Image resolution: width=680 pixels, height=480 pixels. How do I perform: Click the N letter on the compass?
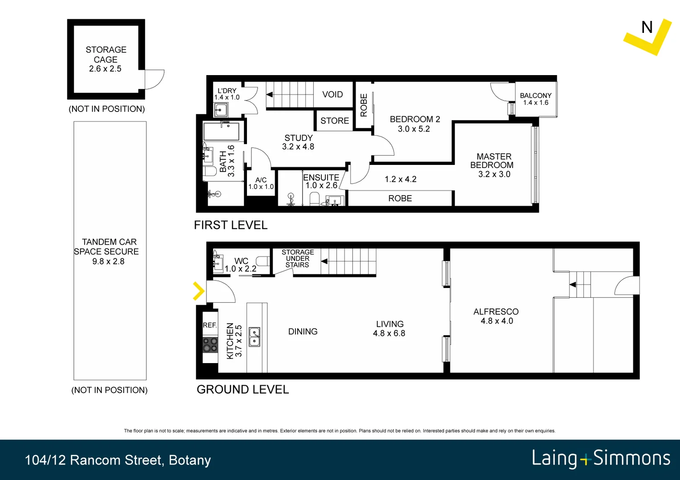pos(647,28)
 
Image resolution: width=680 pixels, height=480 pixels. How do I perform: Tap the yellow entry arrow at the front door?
pos(198,292)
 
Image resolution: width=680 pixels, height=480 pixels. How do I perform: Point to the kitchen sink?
pos(255,337)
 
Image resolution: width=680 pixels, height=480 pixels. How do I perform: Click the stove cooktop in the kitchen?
pos(210,345)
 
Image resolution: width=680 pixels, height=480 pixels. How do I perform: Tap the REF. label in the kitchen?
pos(210,325)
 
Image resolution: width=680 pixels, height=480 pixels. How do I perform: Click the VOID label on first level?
pos(332,95)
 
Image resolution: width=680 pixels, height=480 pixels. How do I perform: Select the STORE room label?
pos(335,121)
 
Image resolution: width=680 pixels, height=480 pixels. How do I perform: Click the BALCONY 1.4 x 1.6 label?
pos(535,99)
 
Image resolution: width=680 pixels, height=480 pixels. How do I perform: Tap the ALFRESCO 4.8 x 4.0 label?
pos(496,316)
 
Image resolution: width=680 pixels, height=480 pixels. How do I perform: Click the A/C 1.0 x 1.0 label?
pos(261,183)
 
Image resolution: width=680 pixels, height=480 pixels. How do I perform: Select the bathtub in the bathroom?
pos(222,132)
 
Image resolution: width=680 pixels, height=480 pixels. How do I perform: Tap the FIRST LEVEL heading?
pos(231,225)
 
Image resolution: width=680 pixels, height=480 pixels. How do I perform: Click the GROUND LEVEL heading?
pos(243,390)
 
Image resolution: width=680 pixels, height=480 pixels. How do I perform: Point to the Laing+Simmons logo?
pos(601,459)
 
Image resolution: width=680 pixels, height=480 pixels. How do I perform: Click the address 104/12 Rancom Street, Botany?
pos(118,460)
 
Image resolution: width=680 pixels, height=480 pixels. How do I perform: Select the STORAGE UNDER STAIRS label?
pos(298,259)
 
